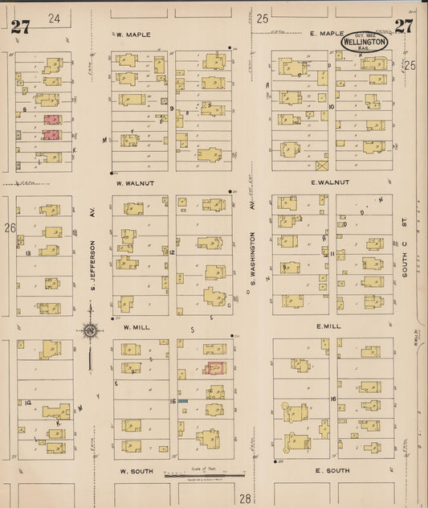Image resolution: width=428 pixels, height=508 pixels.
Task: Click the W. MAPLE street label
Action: coord(129,35)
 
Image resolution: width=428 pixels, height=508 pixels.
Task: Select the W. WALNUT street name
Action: coord(134,183)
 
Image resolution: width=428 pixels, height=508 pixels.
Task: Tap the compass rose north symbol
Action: coord(90,330)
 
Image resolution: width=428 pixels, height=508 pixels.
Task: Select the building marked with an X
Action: coord(323,166)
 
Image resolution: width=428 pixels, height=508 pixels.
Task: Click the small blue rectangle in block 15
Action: coord(183,400)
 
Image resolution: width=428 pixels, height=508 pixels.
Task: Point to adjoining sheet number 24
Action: coord(54,18)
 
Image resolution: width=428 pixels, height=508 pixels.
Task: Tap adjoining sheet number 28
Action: coord(245,499)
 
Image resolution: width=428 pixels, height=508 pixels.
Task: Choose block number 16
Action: coord(332,399)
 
